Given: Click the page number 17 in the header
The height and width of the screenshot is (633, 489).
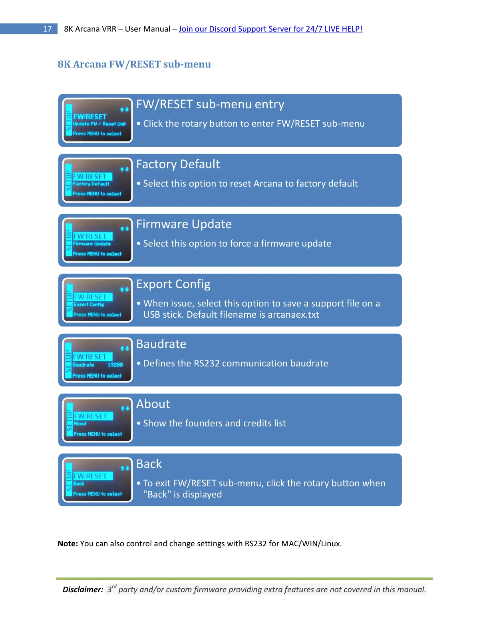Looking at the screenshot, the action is pyautogui.click(x=47, y=29).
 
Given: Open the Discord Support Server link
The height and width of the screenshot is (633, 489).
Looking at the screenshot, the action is pyautogui.click(x=270, y=29).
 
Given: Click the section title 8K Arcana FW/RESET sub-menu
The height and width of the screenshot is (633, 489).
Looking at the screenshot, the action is pyautogui.click(x=134, y=64).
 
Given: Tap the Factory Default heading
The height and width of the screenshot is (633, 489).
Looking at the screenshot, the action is pyautogui.click(x=178, y=164).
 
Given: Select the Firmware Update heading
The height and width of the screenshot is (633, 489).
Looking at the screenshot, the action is pyautogui.click(x=184, y=224).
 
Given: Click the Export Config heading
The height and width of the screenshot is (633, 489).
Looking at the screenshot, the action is pyautogui.click(x=173, y=284).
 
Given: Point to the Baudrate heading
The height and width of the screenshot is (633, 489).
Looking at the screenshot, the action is pyautogui.click(x=161, y=344).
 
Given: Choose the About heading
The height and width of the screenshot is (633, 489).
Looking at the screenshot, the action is pyautogui.click(x=153, y=404).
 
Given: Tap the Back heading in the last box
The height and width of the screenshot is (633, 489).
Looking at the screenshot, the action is pyautogui.click(x=149, y=464).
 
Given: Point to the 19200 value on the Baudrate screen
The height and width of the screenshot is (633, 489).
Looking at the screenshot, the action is pyautogui.click(x=115, y=365).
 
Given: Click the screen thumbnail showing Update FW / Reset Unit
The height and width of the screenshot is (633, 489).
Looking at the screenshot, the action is pyautogui.click(x=97, y=120).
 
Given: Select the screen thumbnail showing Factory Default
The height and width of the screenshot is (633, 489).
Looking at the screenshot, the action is pyautogui.click(x=97, y=180).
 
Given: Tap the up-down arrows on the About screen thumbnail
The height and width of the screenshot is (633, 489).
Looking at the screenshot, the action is pyautogui.click(x=125, y=408).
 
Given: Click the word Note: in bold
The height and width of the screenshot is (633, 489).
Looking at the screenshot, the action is pyautogui.click(x=68, y=543).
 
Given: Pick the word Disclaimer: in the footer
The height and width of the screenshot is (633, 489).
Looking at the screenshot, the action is pyautogui.click(x=83, y=589).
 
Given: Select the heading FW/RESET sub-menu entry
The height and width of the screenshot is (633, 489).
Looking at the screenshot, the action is pyautogui.click(x=210, y=104).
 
